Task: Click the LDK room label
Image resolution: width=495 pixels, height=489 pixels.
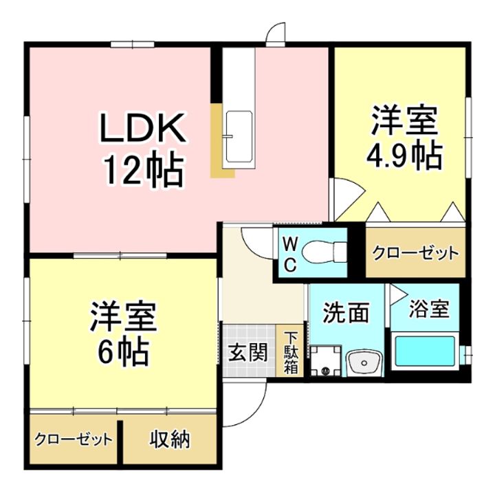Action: (142, 127)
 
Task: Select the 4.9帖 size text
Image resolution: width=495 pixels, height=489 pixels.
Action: (404, 155)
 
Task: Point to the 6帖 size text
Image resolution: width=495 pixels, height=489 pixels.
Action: (124, 351)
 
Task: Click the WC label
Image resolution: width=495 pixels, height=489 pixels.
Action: (290, 254)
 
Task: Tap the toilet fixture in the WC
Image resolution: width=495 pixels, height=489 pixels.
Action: (324, 252)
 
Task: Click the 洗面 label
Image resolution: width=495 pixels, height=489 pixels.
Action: (346, 312)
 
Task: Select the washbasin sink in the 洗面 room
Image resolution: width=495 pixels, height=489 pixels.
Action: (364, 363)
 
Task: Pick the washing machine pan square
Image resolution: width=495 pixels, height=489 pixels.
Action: (326, 360)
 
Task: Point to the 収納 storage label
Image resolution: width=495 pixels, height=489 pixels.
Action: (170, 439)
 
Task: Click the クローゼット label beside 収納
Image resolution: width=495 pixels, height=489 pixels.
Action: (74, 439)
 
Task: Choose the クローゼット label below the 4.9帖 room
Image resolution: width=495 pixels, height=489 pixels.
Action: (415, 253)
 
